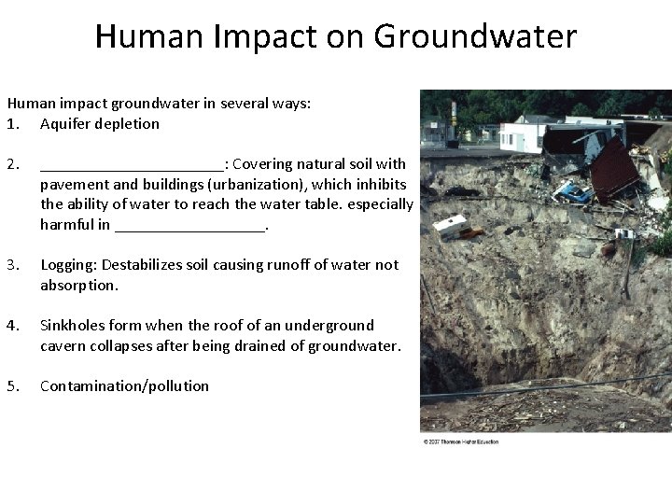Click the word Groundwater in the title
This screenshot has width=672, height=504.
(x=475, y=37)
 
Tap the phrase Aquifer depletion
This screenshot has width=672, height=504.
(x=100, y=124)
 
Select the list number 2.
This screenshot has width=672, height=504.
(x=12, y=164)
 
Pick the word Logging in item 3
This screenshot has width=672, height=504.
(x=68, y=265)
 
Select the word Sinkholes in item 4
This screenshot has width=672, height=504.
(x=73, y=326)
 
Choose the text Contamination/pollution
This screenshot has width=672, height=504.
(x=124, y=386)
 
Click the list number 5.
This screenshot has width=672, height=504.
(x=12, y=386)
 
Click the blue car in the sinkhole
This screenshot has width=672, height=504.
(x=572, y=192)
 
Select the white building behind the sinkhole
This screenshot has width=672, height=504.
(x=521, y=136)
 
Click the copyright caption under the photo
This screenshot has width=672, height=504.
(x=460, y=441)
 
